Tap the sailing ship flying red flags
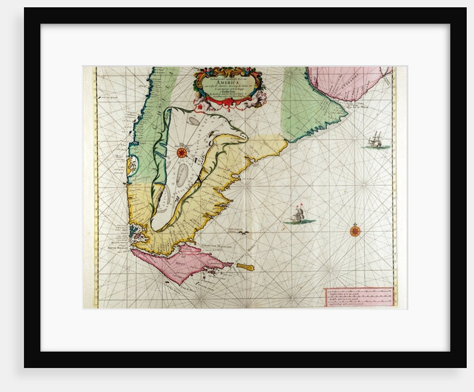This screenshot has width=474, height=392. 299,214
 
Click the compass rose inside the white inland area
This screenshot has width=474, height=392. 182,151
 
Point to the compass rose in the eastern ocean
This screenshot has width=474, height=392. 355,230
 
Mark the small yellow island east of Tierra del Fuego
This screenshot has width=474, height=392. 245,267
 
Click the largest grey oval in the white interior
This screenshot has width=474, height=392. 182,176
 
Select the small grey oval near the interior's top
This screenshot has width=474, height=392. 193,120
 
